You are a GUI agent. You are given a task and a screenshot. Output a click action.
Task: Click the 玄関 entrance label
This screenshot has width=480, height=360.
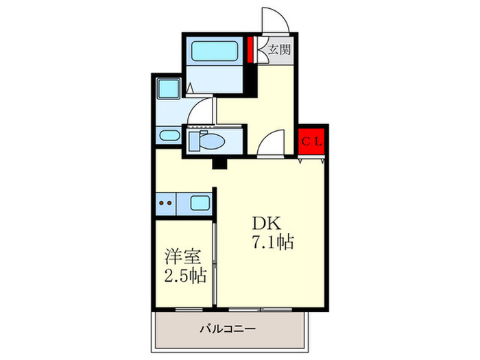point(278,49)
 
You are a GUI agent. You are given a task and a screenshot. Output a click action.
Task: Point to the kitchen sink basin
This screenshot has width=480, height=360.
point(200,203)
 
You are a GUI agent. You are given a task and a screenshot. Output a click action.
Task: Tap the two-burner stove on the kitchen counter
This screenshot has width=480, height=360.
point(165,203)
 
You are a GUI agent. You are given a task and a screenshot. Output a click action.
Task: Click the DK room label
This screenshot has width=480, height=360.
point(265,225)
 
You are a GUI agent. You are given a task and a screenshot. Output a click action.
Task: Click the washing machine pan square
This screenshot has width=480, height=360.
point(167,90)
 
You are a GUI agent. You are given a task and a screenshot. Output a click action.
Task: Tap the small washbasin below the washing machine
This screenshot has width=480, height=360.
point(166,136)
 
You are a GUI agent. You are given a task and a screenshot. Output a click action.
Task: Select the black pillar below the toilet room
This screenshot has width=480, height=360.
point(219,164)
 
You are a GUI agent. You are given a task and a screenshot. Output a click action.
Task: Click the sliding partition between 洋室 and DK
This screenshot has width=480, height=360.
point(215,261)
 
